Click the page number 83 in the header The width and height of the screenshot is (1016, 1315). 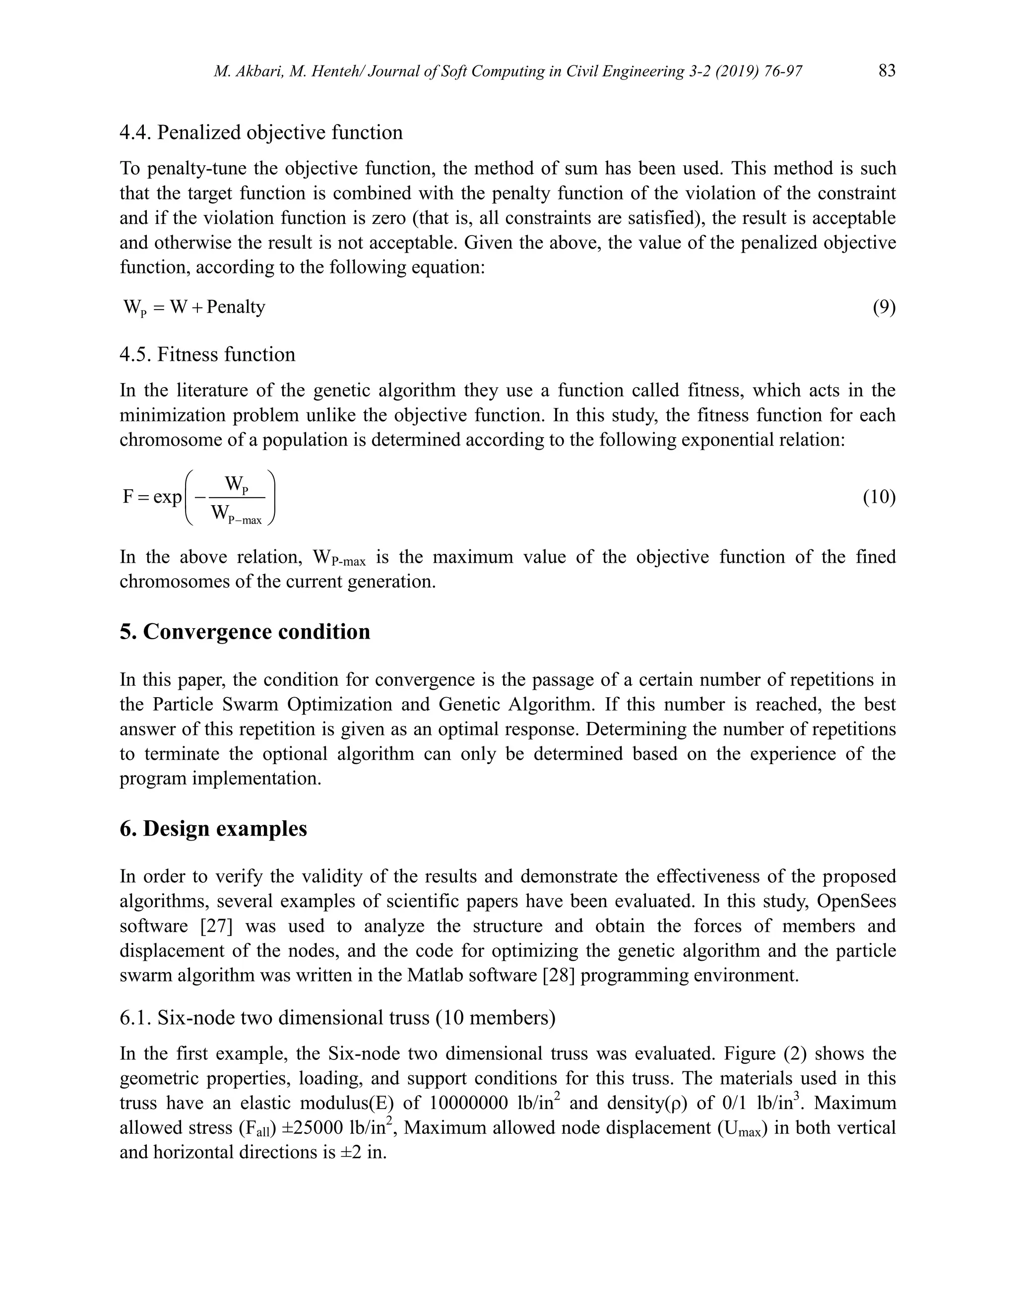pyautogui.click(x=887, y=71)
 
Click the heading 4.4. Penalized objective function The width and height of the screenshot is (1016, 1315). pyautogui.click(x=261, y=132)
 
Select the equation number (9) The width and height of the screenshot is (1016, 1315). pyautogui.click(x=884, y=308)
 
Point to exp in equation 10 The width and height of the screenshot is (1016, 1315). pyautogui.click(x=167, y=497)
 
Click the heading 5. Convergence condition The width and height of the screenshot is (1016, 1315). pyautogui.click(x=245, y=632)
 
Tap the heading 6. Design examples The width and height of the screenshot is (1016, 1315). pyautogui.click(x=214, y=829)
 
